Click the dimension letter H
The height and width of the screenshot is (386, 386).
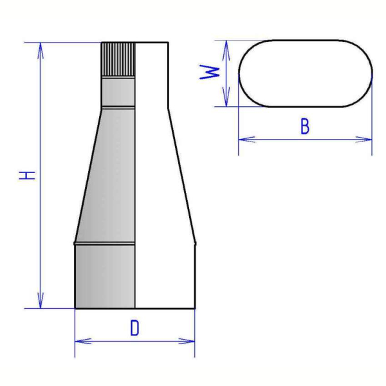pyautogui.click(x=27, y=175)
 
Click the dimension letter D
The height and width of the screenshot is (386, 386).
pyautogui.click(x=134, y=327)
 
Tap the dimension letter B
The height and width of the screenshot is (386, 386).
pyautogui.click(x=305, y=126)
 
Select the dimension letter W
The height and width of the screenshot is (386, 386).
pyautogui.click(x=209, y=72)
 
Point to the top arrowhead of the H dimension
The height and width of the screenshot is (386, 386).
pyautogui.click(x=41, y=50)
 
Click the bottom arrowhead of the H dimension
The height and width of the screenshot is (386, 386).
pyautogui.click(x=41, y=300)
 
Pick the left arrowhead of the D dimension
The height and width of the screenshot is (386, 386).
pyautogui.click(x=83, y=341)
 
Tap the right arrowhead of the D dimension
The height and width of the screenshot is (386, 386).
pyautogui.click(x=187, y=341)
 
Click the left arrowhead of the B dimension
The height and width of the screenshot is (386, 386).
pyautogui.click(x=246, y=140)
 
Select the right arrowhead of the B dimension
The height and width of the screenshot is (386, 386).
pyautogui.click(x=364, y=140)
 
